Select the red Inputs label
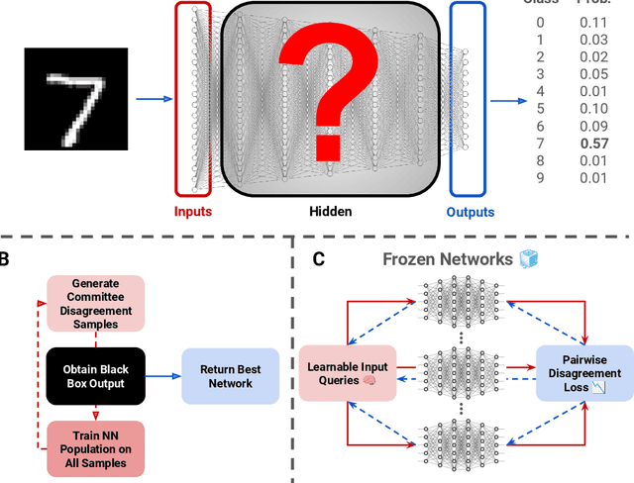(192, 211)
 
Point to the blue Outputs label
(470, 211)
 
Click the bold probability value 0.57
(593, 143)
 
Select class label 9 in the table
(541, 177)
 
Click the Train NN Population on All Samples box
(96, 449)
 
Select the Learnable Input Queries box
(348, 374)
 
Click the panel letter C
(319, 260)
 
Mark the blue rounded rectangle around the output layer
(470, 98)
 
